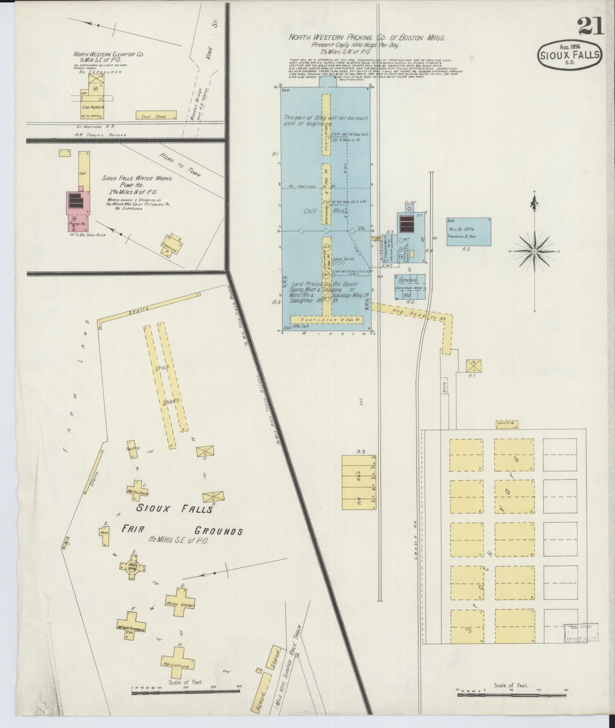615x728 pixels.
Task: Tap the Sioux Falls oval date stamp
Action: [x=570, y=54]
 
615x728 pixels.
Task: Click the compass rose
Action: [x=534, y=251]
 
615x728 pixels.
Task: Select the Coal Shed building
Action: [x=156, y=115]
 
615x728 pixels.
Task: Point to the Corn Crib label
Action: [x=506, y=423]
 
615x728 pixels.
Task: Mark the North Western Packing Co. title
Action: [x=367, y=37]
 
